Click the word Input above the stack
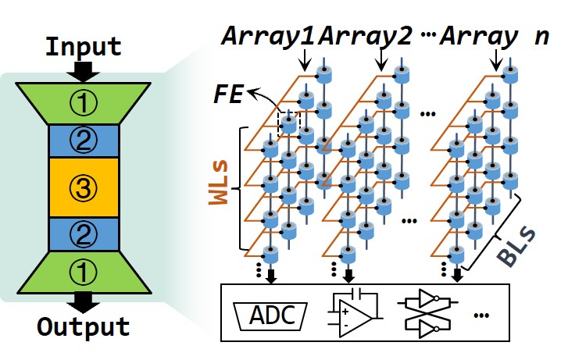(x=83, y=46)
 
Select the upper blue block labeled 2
(x=83, y=140)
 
